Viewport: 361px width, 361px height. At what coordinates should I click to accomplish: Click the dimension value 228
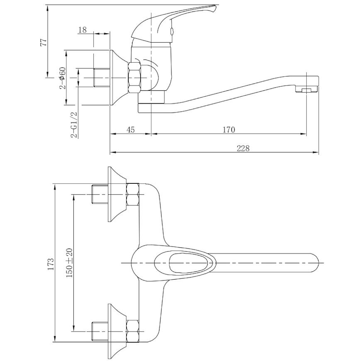tap(243, 148)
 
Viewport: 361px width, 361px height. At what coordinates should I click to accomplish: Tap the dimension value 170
tap(229, 130)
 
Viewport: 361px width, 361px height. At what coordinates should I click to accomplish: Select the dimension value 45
tap(130, 129)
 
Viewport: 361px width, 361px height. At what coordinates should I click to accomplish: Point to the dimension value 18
tap(83, 30)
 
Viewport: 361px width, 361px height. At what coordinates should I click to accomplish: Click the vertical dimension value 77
tap(44, 43)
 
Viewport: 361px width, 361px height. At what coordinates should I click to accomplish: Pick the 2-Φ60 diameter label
tap(62, 78)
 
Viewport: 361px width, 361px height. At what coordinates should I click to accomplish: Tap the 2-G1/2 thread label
tap(74, 124)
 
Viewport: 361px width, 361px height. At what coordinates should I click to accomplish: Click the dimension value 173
tap(51, 264)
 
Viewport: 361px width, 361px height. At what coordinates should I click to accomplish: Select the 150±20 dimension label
tap(69, 263)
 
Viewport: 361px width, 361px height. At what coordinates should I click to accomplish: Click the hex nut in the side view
tap(134, 78)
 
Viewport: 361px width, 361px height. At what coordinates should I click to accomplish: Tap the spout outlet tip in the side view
tap(307, 90)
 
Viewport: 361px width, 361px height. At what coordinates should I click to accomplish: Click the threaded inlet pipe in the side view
tap(102, 78)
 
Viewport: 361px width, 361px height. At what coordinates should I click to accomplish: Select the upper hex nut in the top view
tap(133, 195)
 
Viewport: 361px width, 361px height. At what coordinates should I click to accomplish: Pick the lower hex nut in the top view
tap(133, 332)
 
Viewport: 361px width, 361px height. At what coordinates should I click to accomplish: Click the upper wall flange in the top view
tap(117, 194)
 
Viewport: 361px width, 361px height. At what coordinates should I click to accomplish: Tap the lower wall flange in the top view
tap(117, 332)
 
